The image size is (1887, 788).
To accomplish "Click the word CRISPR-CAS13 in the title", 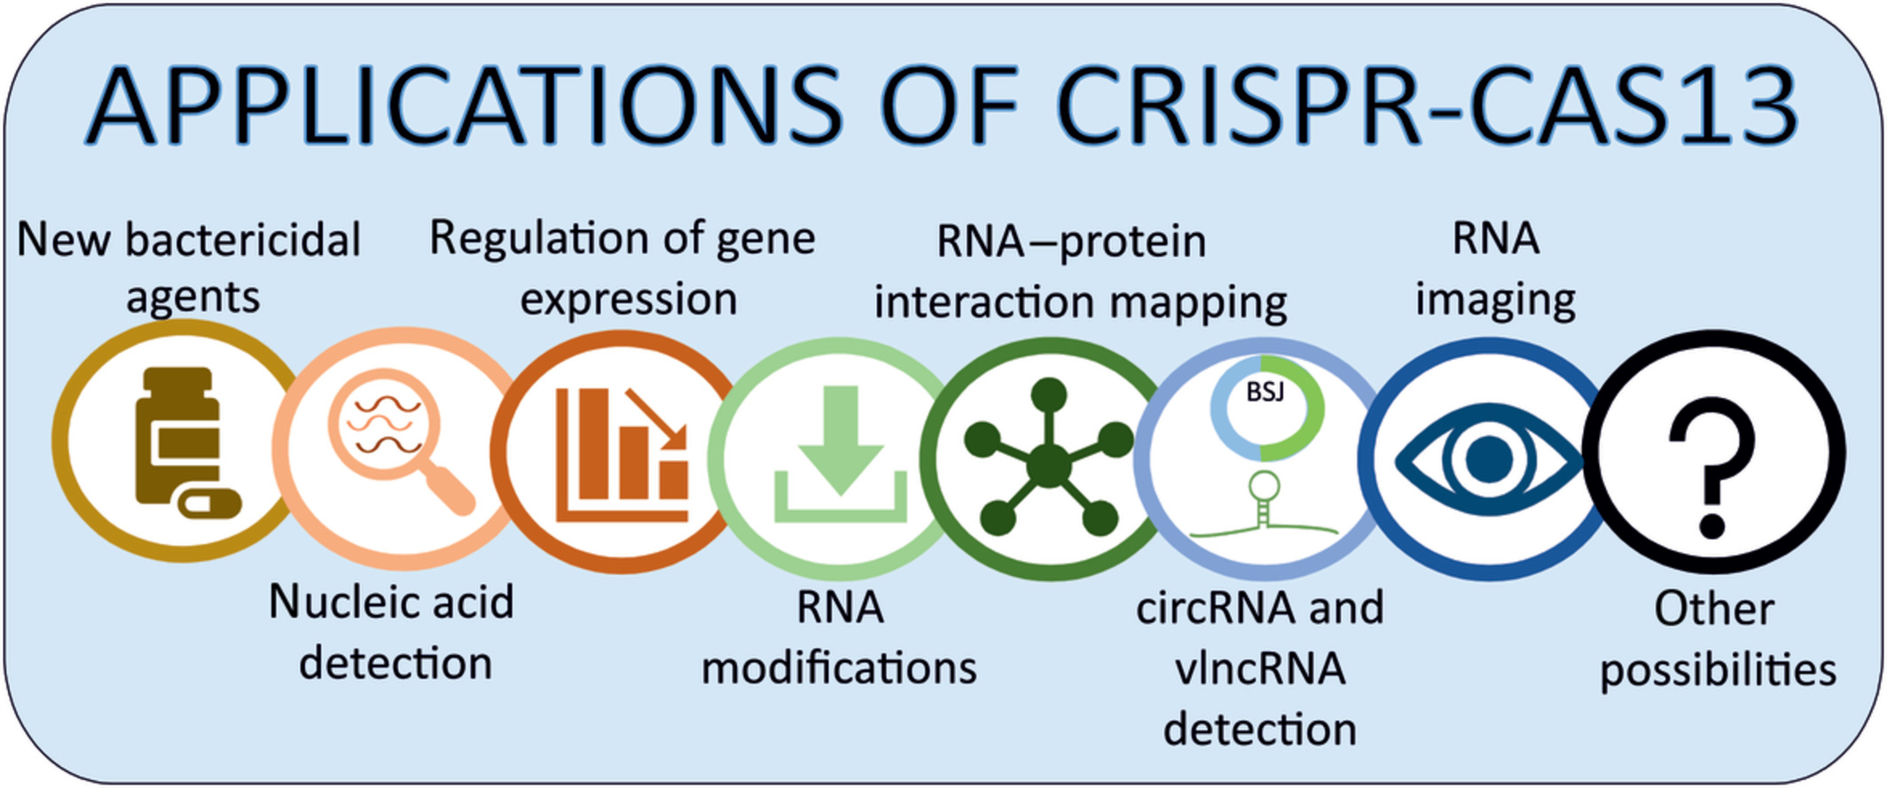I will (1426, 106).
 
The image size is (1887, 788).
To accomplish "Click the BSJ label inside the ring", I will (1265, 391).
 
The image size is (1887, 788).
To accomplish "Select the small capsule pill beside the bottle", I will (209, 503).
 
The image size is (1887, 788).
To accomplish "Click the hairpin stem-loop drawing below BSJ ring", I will (1264, 505).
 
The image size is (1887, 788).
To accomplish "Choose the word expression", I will (628, 300).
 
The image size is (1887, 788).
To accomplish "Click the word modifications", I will (839, 667).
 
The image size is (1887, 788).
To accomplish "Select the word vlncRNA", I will (1260, 669).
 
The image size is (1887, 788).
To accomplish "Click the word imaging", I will (1494, 300).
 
